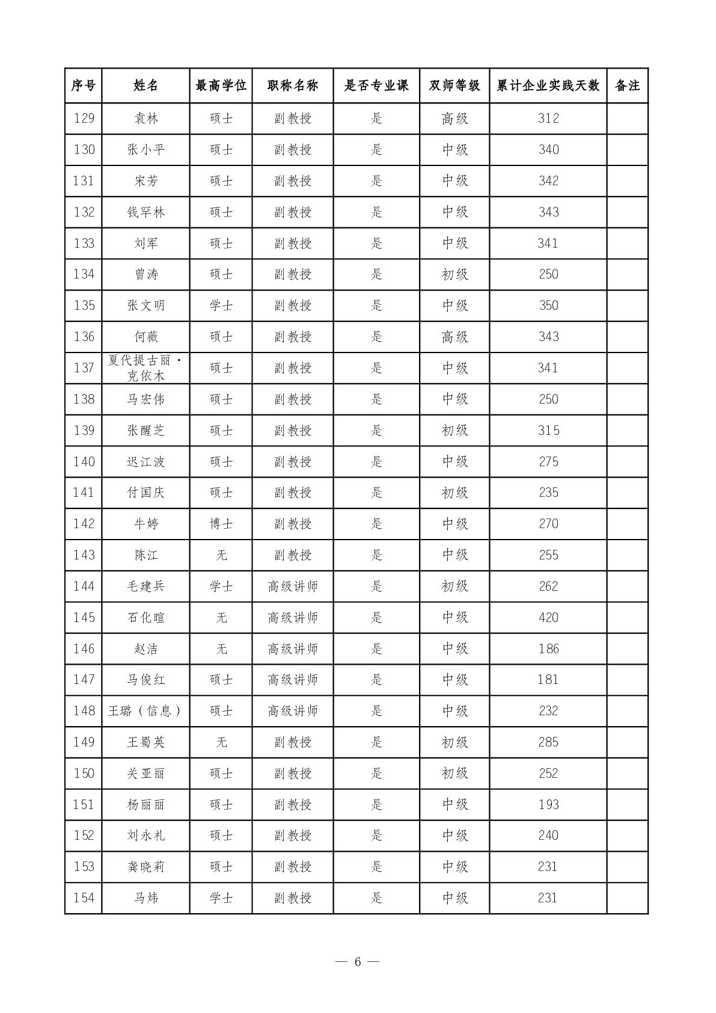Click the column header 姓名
[x=145, y=85]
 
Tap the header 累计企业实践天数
[x=548, y=85]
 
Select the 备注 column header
[x=627, y=85]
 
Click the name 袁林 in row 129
[x=145, y=119]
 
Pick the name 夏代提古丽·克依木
[x=145, y=368]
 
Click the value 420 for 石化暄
[x=548, y=618]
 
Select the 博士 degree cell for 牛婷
[x=221, y=524]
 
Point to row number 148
[x=84, y=711]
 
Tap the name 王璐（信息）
[x=145, y=711]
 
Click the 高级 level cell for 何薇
[x=454, y=337]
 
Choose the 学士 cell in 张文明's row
[x=221, y=306]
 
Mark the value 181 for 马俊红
[x=548, y=680]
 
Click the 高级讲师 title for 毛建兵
[x=293, y=587]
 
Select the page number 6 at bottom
[x=358, y=961]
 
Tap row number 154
[x=84, y=898]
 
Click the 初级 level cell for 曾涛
[x=454, y=274]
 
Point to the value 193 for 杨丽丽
[x=548, y=805]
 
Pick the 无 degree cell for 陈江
[x=221, y=555]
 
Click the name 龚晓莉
[x=145, y=867]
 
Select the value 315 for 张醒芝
[x=548, y=431]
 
